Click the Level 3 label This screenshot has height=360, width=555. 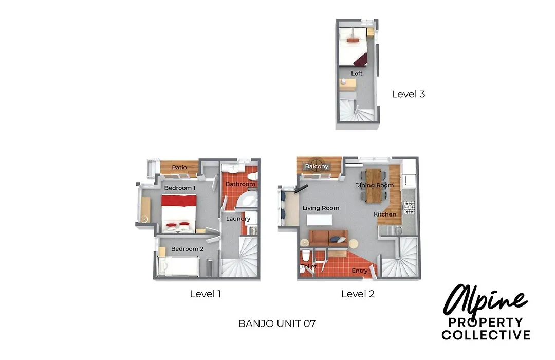(x=408, y=94)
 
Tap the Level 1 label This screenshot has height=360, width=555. (x=205, y=294)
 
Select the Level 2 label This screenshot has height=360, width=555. (x=358, y=294)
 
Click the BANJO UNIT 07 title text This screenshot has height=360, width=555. (x=277, y=323)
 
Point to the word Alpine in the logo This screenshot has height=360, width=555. (x=485, y=301)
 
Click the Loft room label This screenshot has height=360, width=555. (x=357, y=74)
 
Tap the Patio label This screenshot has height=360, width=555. (x=179, y=167)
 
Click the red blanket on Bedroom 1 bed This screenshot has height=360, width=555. (x=179, y=200)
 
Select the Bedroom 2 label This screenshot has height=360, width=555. (x=187, y=249)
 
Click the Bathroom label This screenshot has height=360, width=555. (x=240, y=184)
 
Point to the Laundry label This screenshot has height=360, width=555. (x=238, y=219)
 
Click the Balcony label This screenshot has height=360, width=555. (x=317, y=166)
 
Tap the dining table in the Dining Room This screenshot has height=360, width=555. (x=374, y=186)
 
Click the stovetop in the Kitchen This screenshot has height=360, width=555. (x=409, y=208)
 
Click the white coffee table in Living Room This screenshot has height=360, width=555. (x=319, y=220)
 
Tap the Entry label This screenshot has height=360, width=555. (x=360, y=271)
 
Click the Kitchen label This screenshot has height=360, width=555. (x=385, y=214)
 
